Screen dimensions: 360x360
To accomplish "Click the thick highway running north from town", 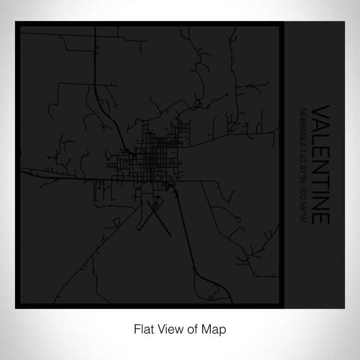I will [x=97, y=62].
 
